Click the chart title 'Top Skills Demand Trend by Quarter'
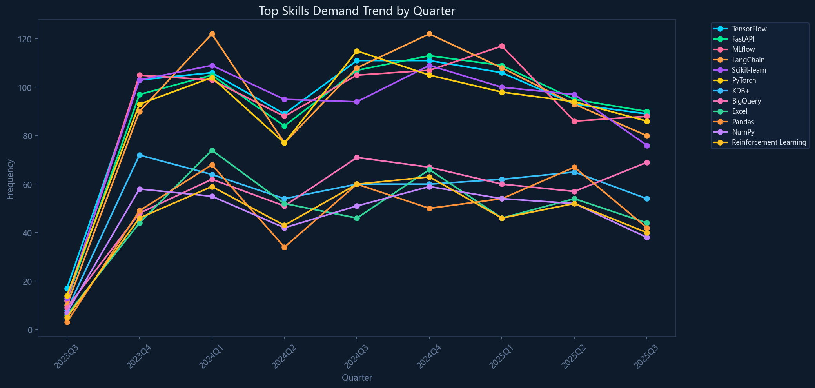(x=357, y=11)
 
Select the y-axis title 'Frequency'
(x=10, y=179)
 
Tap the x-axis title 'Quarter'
(x=357, y=378)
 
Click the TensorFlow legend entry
(x=749, y=29)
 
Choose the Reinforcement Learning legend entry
(x=769, y=142)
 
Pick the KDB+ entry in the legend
(x=741, y=91)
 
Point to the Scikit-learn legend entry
(x=749, y=70)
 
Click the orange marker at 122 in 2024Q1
(x=212, y=34)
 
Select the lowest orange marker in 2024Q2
(x=284, y=247)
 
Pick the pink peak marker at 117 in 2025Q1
(x=502, y=46)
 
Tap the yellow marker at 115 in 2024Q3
(x=357, y=51)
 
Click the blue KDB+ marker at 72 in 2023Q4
(x=140, y=155)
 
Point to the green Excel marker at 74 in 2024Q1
(x=212, y=150)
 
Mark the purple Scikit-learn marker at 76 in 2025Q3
(x=647, y=146)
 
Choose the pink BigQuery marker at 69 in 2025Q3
(x=647, y=162)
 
